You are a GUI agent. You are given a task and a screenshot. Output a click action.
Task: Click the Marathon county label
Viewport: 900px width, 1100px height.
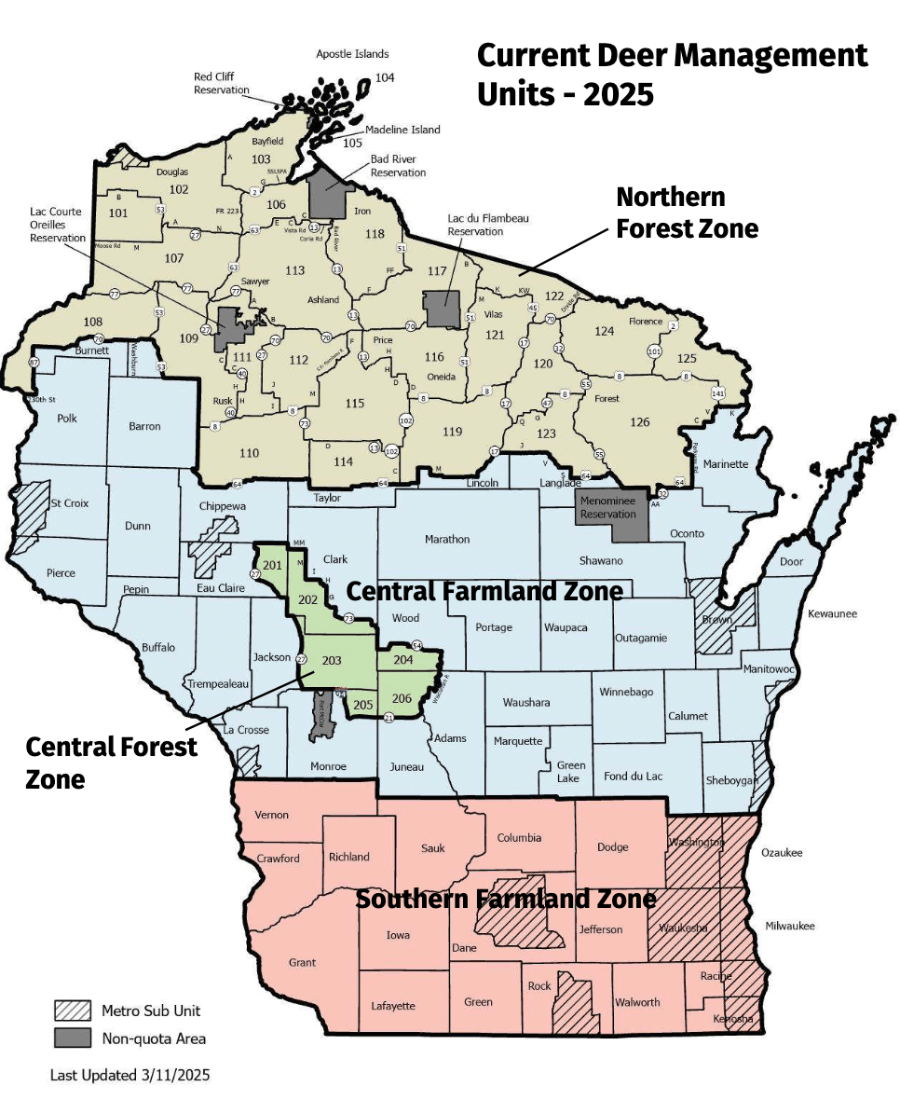[x=447, y=539]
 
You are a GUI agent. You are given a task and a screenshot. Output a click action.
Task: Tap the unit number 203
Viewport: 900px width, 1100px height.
[x=331, y=660]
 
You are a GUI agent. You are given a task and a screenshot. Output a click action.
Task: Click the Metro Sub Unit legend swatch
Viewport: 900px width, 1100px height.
[x=72, y=1011]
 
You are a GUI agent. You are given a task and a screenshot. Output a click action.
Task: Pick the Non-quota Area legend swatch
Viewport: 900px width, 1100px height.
[x=72, y=1038]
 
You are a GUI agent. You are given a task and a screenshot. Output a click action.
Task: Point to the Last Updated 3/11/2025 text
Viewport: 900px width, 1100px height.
[x=130, y=1075]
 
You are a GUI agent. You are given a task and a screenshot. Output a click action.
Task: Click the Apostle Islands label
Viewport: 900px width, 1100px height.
[x=352, y=54]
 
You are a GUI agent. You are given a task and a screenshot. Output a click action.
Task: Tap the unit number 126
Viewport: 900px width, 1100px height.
[x=639, y=422]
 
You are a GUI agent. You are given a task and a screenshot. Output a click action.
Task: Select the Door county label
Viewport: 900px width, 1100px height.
[x=791, y=561]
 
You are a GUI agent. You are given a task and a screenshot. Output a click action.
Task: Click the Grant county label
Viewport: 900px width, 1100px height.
[x=302, y=962]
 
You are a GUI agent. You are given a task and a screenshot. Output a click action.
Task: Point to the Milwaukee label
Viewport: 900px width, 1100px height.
[x=788, y=926]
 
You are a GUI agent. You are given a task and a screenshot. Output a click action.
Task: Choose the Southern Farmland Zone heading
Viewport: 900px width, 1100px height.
[x=506, y=899]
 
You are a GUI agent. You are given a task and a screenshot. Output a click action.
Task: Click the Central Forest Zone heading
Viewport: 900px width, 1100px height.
[x=111, y=762]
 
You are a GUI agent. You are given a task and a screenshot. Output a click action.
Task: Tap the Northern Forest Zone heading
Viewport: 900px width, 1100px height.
[x=687, y=213]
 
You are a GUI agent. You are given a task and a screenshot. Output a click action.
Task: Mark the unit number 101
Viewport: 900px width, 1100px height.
[x=118, y=213]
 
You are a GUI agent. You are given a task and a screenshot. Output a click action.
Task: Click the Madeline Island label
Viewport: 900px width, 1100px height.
[x=402, y=130]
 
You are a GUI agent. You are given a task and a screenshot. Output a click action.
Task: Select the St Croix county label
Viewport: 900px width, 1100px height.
[x=69, y=503]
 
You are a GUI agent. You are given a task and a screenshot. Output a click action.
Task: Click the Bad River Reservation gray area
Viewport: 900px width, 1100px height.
[x=327, y=193]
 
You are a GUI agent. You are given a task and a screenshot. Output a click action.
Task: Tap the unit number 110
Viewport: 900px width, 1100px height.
[x=249, y=453]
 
